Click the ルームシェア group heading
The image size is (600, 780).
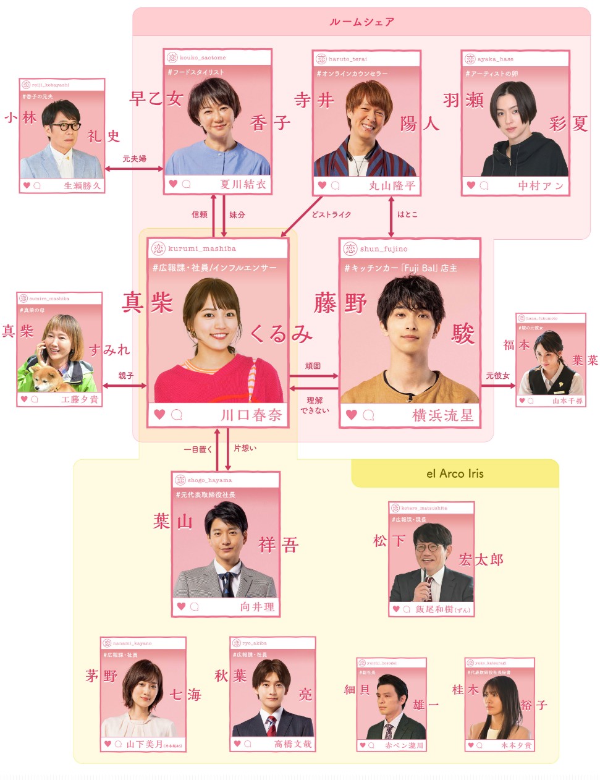(x=361, y=22)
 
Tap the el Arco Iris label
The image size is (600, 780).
(x=455, y=474)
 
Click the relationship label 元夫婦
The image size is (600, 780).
(x=134, y=159)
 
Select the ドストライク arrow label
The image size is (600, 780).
(x=331, y=214)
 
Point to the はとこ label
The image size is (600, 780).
(x=407, y=214)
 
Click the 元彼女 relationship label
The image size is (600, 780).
(x=497, y=376)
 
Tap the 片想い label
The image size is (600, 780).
(x=245, y=448)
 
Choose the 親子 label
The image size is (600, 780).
(x=125, y=376)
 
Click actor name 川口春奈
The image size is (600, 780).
(x=251, y=415)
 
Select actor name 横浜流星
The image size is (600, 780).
(x=442, y=415)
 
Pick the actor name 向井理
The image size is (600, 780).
(x=257, y=607)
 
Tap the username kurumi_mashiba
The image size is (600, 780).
(x=202, y=248)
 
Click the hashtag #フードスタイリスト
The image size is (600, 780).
(x=196, y=72)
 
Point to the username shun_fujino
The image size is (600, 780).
(x=384, y=248)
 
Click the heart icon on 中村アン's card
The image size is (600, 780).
(x=471, y=185)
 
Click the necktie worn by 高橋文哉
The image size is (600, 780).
(x=271, y=722)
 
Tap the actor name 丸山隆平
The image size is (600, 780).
(x=392, y=185)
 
